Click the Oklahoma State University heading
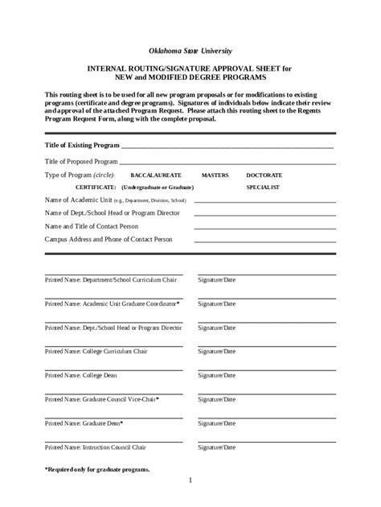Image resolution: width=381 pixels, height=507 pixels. pos(190,50)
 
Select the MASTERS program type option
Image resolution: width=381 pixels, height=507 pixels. pos(215,174)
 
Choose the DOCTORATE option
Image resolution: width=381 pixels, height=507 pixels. pos(264,174)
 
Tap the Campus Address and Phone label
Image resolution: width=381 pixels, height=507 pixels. pos(97,239)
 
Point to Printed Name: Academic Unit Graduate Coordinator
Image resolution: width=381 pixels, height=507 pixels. pos(113,304)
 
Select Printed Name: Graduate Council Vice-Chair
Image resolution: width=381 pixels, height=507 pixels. pos(102,398)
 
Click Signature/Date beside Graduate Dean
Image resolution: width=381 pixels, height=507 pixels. pos(217,422)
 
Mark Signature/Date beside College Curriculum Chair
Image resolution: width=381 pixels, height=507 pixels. pos(217,352)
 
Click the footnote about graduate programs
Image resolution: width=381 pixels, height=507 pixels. pos(96,469)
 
